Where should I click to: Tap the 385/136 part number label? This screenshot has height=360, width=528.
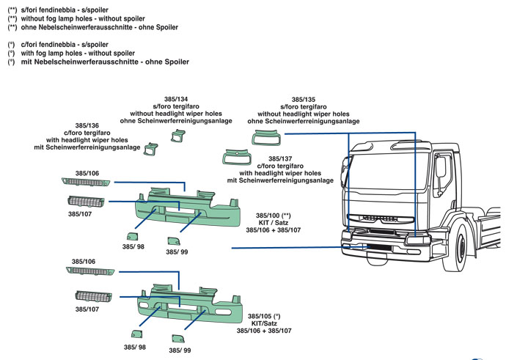tap(87, 125)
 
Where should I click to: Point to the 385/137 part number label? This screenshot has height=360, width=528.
tap(279, 158)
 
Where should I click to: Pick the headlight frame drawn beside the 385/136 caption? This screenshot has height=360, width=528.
tap(151, 149)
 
